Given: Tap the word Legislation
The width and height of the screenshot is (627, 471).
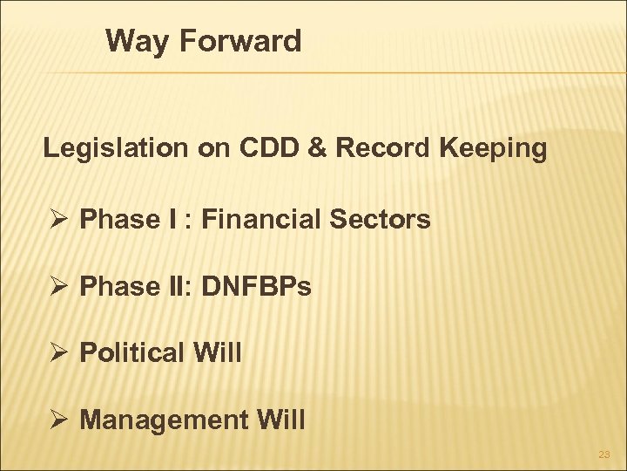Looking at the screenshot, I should tap(115, 149).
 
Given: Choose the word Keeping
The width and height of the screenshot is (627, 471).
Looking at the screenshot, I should tap(494, 150).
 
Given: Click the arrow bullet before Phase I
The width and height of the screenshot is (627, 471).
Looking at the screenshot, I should tap(57, 219).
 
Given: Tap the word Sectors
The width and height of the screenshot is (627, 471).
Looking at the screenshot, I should tap(387, 219).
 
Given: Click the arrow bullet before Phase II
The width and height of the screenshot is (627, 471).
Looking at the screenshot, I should tap(57, 286).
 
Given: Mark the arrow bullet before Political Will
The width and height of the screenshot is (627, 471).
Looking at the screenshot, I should tap(57, 353).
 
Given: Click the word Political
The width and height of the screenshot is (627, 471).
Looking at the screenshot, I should tap(132, 353).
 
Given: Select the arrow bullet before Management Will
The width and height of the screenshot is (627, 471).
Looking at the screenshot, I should tap(57, 420).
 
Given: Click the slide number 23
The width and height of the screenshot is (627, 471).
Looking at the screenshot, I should tap(604, 454).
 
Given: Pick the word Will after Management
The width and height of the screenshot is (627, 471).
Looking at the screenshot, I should tap(280, 420).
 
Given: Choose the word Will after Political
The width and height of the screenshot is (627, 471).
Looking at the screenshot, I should tap(218, 353).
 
